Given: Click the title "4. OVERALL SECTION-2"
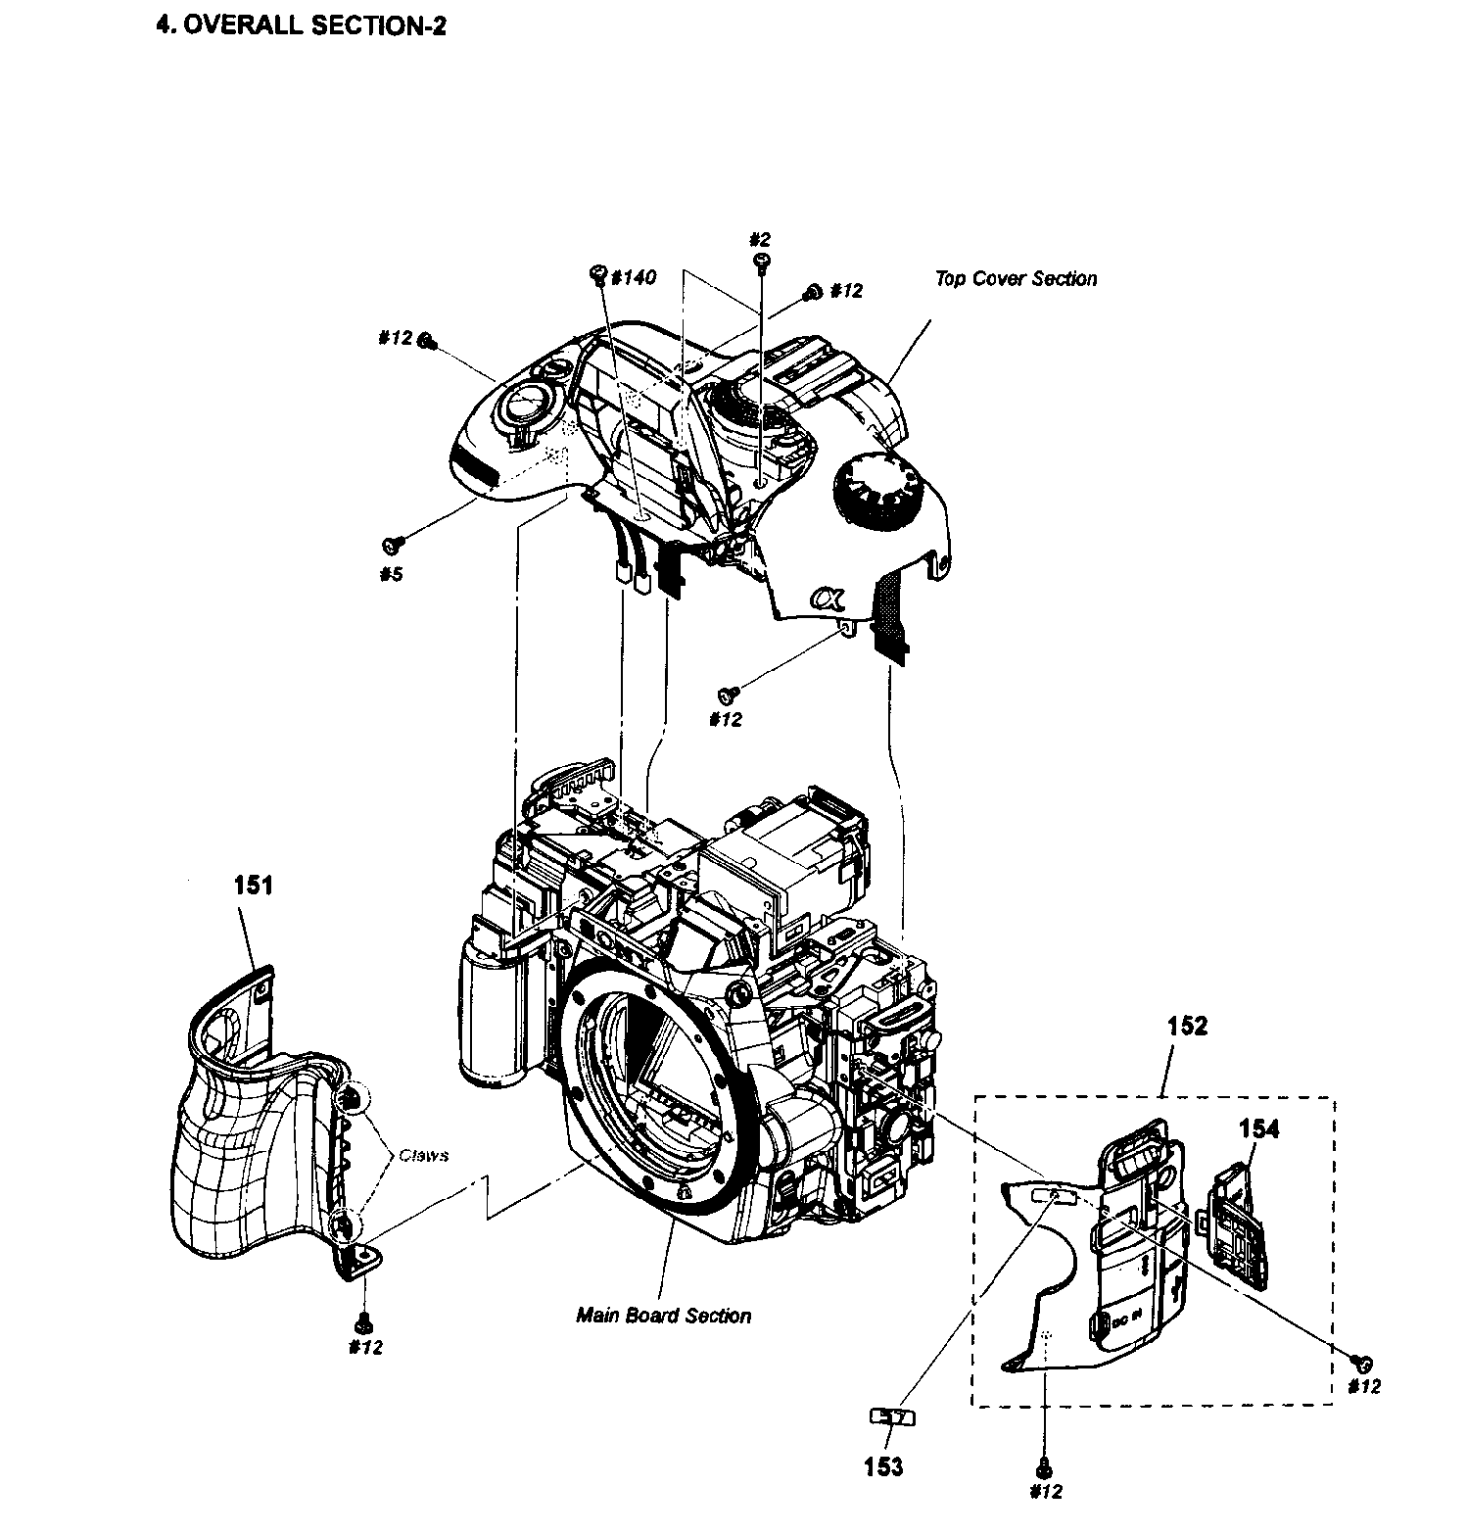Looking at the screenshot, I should coord(301,26).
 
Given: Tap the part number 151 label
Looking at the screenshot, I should coord(253,886).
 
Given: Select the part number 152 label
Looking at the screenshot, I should coord(1187,1026).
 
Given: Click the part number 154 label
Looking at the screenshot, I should coord(1257,1128).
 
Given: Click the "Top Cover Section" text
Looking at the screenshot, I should coord(1016,279).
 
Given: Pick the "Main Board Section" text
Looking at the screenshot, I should coord(663,1316).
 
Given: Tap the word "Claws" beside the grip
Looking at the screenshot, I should coord(423,1156).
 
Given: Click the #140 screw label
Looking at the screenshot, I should coord(632,278).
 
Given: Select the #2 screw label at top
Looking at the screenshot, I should coord(760,239).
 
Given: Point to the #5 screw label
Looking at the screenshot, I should coord(391,574).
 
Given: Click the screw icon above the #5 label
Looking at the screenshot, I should coord(395,543).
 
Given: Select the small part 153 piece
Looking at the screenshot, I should coord(892,1416).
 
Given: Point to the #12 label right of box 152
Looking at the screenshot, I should coord(1363,1387).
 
